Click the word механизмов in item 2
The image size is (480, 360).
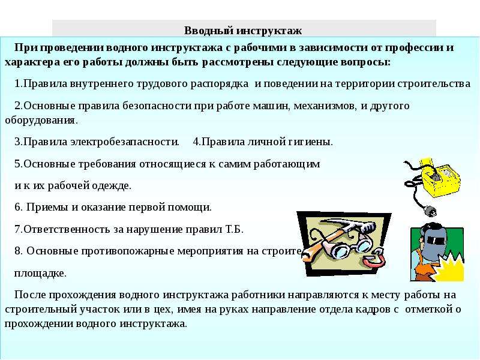(325, 106)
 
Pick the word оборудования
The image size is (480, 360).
(41, 121)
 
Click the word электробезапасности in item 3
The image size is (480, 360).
(125, 142)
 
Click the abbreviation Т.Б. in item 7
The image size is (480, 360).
(234, 229)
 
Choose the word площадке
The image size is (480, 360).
(40, 274)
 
